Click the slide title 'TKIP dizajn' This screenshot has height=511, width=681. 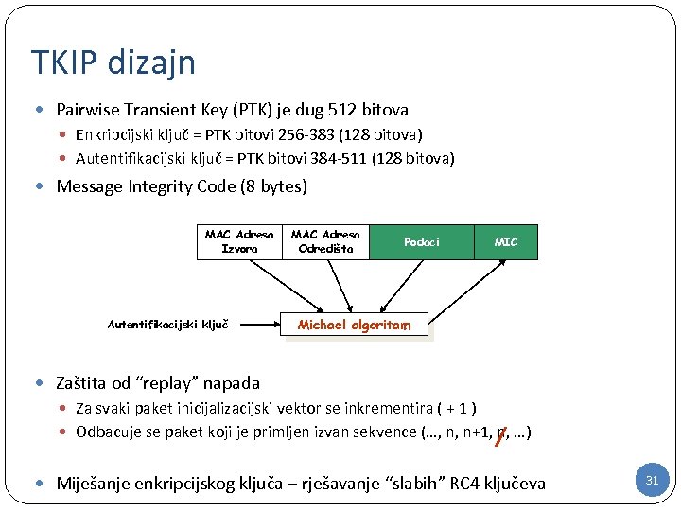point(113,62)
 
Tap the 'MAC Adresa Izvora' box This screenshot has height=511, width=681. point(238,241)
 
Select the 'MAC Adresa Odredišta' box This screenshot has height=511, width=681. point(325,241)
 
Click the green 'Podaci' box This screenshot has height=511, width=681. point(421,242)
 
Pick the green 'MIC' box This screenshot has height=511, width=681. point(506,242)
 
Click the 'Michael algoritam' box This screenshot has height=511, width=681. point(354,325)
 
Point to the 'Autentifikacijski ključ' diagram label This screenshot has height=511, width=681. point(169,325)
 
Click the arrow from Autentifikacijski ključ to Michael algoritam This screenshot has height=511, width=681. point(259,325)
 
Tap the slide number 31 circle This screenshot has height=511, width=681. point(652,481)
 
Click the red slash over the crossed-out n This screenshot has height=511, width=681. point(500,434)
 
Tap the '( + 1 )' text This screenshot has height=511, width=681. point(456,409)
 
